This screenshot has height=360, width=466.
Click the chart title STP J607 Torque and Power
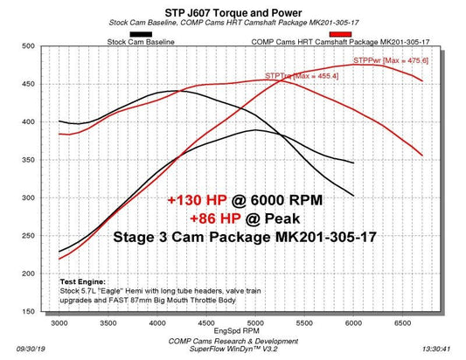232,11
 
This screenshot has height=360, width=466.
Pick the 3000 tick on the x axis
59,323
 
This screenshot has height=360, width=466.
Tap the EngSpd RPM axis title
232,332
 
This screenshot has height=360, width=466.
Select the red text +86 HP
210,218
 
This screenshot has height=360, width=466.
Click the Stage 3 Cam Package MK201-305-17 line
232,237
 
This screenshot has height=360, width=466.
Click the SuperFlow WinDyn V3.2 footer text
232,352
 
